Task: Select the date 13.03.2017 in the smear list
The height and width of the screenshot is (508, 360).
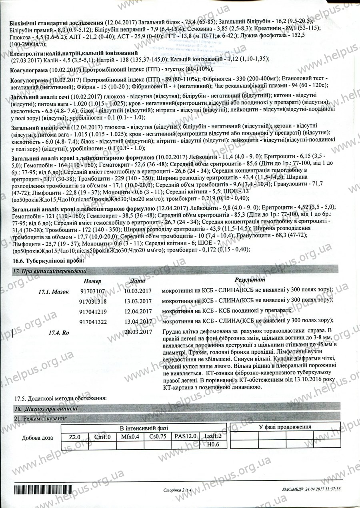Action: tap(138, 301)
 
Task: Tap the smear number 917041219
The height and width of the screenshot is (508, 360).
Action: tap(93, 311)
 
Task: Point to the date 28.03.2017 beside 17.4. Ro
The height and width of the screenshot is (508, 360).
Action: tap(138, 331)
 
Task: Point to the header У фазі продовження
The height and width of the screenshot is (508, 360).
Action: tap(285, 427)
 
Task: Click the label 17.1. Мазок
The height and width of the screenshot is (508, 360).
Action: tap(53, 291)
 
